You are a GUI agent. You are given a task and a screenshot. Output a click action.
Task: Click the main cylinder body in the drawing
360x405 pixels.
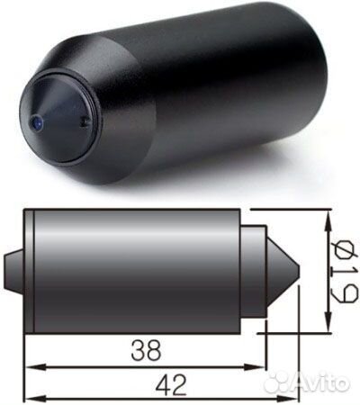pos(135,271)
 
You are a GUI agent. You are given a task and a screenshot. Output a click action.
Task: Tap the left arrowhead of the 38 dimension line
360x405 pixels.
pos(29,366)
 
